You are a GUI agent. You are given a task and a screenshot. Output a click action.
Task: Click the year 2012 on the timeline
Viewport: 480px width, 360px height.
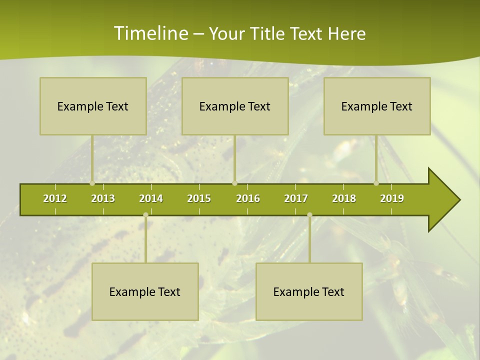55,198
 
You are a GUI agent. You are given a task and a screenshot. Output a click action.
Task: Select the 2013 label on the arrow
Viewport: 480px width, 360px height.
103,198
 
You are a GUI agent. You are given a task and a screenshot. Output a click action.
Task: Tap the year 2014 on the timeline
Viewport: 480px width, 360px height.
151,198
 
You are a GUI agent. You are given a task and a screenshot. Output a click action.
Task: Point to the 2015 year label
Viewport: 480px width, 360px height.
199,198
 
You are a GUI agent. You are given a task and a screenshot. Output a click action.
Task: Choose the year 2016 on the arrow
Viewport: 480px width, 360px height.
248,198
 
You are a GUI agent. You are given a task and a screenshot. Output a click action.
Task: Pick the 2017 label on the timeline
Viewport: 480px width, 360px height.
296,198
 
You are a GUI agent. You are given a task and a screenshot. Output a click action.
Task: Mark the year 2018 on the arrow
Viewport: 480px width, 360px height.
344,198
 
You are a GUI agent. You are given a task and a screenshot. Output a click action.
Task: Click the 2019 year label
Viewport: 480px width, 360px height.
392,198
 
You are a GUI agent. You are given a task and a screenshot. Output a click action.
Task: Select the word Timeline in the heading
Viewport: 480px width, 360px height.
150,33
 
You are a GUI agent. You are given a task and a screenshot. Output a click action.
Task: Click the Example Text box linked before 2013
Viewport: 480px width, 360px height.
93,106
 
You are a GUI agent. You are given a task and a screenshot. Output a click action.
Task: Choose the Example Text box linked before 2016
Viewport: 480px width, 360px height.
235,106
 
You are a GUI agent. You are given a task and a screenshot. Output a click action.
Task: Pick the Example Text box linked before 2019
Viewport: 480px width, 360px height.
377,106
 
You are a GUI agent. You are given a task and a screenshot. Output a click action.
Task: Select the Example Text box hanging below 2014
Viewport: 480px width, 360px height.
145,291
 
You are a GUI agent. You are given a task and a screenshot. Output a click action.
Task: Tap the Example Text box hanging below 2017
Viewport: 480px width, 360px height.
309,291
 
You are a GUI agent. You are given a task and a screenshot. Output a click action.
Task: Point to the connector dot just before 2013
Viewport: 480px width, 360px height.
92,183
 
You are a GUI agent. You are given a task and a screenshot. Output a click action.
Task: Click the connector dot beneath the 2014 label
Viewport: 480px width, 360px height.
145,215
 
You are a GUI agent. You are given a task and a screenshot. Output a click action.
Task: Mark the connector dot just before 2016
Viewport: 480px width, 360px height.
234,183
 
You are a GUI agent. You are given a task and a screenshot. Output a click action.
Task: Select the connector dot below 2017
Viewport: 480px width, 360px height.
309,215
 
